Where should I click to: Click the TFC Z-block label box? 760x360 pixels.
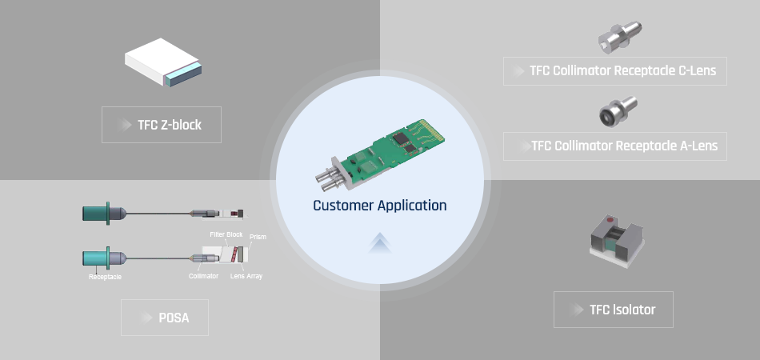click(162, 125)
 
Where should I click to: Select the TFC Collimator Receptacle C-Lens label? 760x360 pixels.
click(615, 70)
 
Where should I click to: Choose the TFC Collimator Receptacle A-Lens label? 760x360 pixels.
click(615, 146)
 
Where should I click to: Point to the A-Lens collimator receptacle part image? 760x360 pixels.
click(618, 110)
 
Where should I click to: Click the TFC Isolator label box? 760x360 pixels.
click(613, 310)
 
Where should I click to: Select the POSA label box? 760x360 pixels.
click(165, 318)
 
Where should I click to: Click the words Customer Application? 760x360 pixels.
click(379, 206)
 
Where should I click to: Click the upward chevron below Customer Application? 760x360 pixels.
click(379, 242)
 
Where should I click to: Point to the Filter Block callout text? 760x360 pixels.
click(226, 234)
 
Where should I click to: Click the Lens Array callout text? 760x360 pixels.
click(246, 276)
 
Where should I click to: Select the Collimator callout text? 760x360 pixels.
click(203, 276)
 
